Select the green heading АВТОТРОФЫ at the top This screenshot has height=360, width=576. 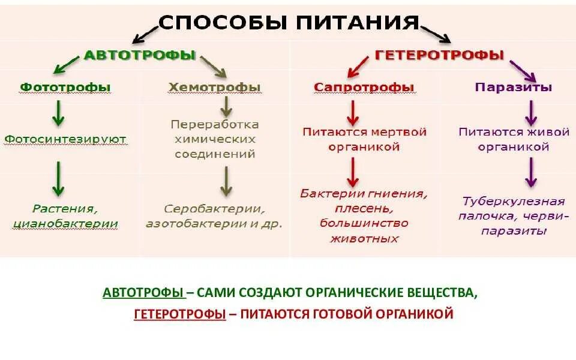click(140, 55)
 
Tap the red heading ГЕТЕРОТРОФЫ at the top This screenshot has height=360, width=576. click(439, 55)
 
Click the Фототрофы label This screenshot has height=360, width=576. click(65, 87)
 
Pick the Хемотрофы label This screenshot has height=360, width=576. click(215, 87)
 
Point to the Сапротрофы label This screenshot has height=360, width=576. click(364, 87)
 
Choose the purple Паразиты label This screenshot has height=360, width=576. click(514, 87)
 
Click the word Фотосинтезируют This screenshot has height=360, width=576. click(65, 139)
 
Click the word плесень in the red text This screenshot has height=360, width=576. click(364, 209)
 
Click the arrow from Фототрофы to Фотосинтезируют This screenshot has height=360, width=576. click(58, 113)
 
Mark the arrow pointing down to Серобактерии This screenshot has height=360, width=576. click(226, 181)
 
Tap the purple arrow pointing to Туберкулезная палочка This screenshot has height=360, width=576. click(530, 173)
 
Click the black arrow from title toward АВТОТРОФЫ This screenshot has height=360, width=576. click(145, 34)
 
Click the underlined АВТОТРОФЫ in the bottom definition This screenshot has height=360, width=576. click(143, 293)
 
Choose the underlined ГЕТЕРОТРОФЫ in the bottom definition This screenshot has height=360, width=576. click(179, 314)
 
